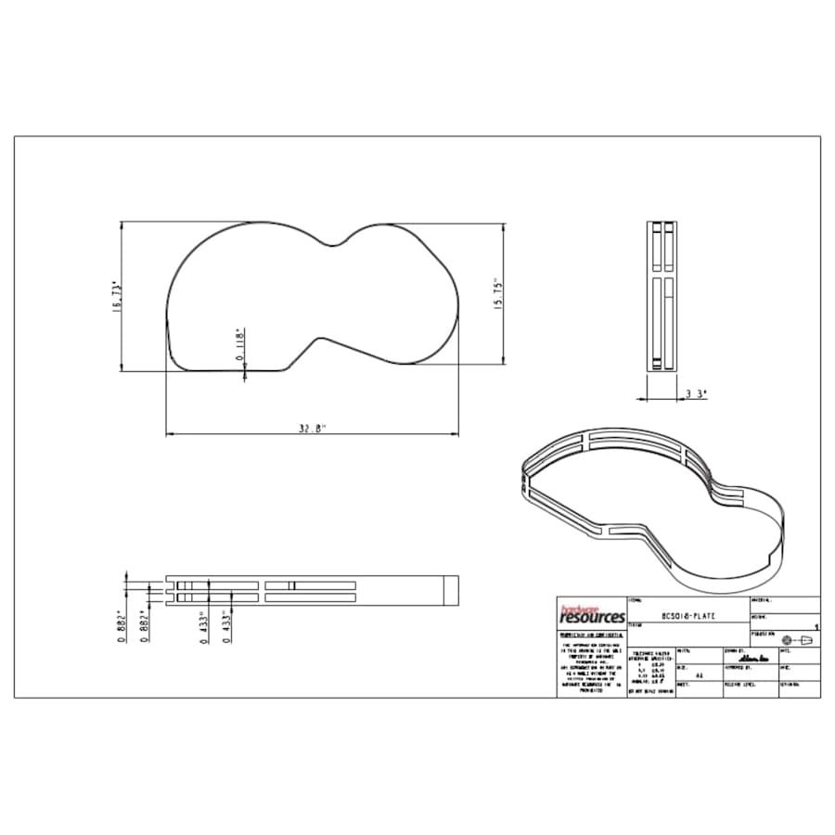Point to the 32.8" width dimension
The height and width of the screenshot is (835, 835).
[313, 429]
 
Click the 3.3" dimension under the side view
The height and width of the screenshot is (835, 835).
[696, 394]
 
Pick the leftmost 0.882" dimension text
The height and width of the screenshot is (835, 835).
[122, 627]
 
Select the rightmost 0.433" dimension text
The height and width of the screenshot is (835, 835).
[226, 626]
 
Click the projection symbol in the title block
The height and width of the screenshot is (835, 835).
[797, 640]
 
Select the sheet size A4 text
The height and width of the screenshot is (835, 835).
[699, 676]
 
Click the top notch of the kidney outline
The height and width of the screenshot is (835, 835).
[336, 246]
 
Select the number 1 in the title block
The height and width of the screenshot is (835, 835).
[815, 628]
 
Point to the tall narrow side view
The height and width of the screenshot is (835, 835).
[662, 296]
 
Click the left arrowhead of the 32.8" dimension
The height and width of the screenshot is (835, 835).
[169, 434]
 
